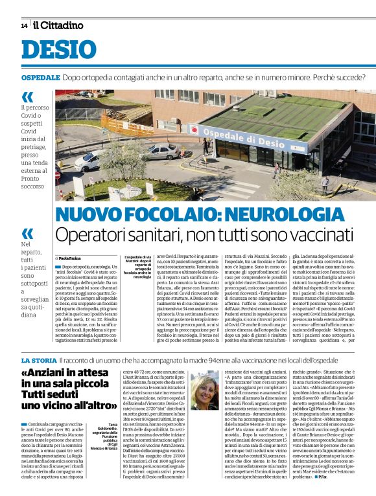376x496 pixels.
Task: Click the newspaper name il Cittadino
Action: tap(59, 25)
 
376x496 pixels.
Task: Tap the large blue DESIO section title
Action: tap(59, 51)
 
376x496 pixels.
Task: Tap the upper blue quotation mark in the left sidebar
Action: tap(27, 97)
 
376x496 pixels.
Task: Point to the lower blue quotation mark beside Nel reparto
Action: tap(27, 232)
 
